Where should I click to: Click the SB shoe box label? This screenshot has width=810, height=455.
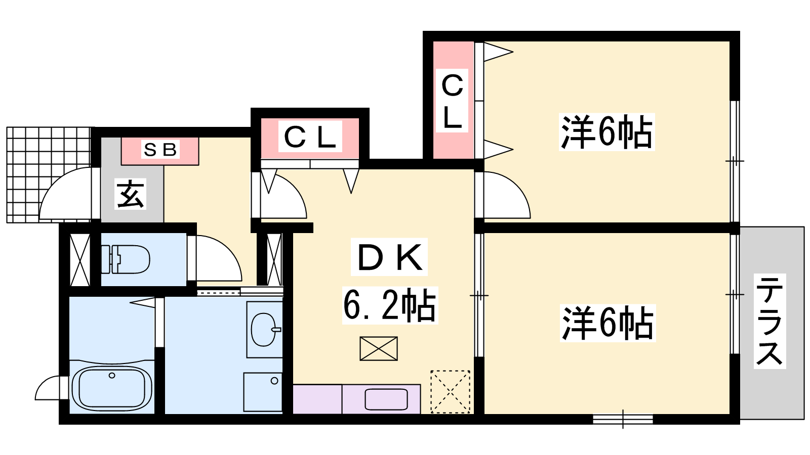160,150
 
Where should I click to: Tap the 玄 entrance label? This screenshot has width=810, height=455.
131,194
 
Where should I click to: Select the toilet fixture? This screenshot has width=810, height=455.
126,259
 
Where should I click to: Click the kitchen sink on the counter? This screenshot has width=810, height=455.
386,399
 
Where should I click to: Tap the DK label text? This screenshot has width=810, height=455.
389,257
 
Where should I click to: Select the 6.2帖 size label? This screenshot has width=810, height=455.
390,305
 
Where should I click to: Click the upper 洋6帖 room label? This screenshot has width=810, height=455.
607,132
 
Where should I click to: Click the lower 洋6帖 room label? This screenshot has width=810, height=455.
607,323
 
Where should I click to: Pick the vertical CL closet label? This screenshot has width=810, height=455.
452,101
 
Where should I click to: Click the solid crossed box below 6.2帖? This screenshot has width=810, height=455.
379,349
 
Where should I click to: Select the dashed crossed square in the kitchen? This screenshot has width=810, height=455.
450,392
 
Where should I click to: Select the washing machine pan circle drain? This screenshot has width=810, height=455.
274,381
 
